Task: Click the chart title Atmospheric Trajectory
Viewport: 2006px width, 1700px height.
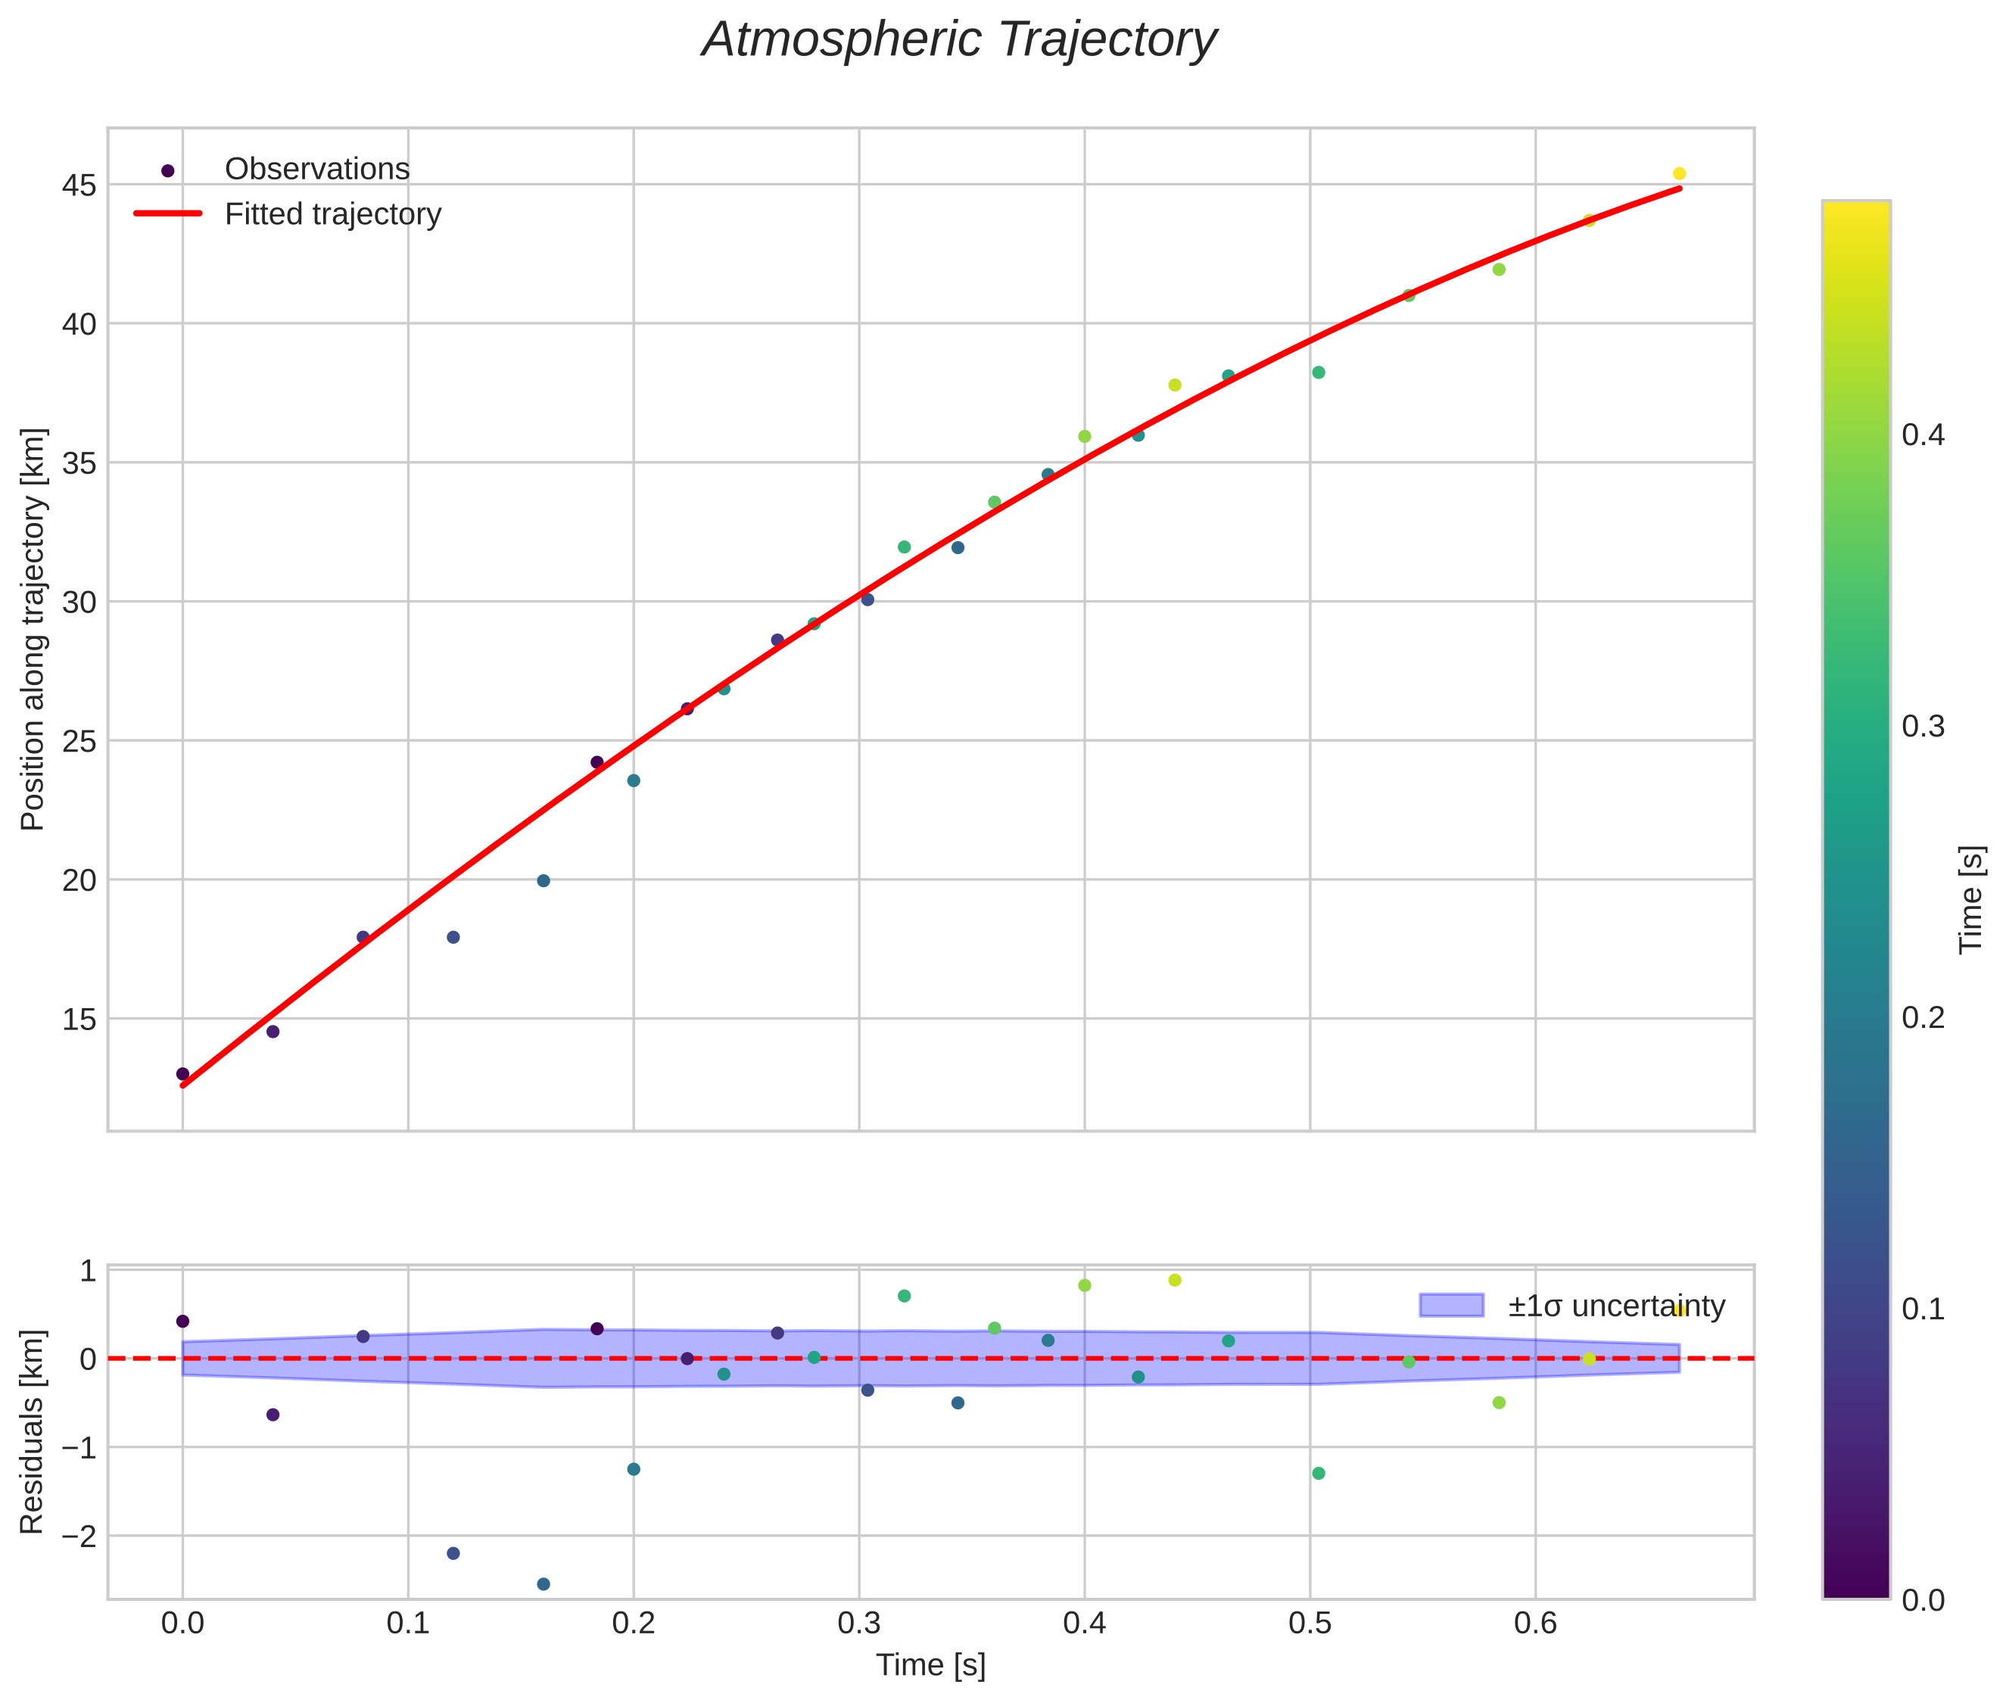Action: [959, 40]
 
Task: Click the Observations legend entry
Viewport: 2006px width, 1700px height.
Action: [316, 170]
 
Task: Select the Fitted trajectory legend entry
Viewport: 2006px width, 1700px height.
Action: [332, 214]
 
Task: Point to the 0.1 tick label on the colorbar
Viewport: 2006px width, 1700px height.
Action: [1923, 1309]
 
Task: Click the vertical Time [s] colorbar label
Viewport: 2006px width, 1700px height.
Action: [1972, 899]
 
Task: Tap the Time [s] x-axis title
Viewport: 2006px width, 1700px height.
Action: [930, 1666]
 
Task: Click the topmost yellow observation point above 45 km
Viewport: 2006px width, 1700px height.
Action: [1679, 173]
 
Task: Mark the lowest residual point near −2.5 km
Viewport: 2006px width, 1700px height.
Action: [544, 1584]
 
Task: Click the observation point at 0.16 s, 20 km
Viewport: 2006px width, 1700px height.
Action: [544, 881]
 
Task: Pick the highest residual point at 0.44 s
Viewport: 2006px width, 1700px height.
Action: [1175, 1280]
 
